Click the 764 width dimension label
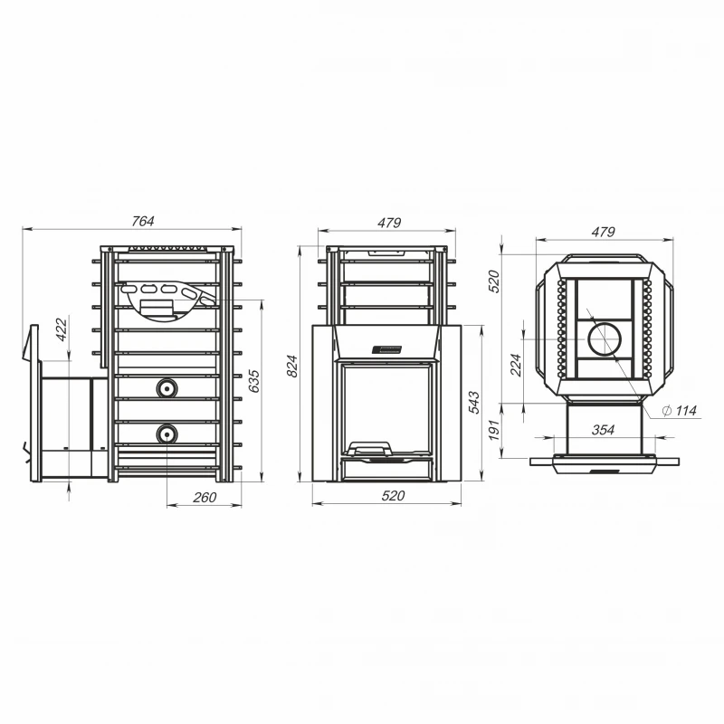143,221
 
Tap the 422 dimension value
62,329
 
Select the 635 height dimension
254,381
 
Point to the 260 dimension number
205,497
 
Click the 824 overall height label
292,367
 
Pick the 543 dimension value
474,402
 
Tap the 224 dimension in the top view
516,365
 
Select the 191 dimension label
494,431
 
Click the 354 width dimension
603,430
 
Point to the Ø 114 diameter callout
679,411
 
